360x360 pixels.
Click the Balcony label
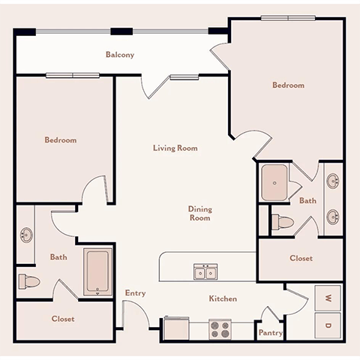pyautogui.click(x=120, y=55)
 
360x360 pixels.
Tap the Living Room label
pyautogui.click(x=175, y=148)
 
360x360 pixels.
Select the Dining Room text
pyautogui.click(x=199, y=214)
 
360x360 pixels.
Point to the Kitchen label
pyautogui.click(x=223, y=298)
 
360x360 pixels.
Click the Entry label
pyautogui.click(x=136, y=293)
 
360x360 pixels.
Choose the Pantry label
pyautogui.click(x=270, y=332)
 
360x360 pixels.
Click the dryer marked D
pyautogui.click(x=328, y=325)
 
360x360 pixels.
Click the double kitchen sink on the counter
pyautogui.click(x=202, y=271)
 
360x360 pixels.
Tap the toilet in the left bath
pyautogui.click(x=28, y=282)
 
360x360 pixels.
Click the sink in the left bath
pyautogui.click(x=26, y=235)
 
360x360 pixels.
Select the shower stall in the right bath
pyautogui.click(x=277, y=182)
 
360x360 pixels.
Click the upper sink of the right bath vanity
pyautogui.click(x=332, y=180)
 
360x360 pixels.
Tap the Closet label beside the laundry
pyautogui.click(x=300, y=258)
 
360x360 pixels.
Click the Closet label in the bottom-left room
pyautogui.click(x=63, y=319)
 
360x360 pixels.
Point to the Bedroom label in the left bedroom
pyautogui.click(x=60, y=140)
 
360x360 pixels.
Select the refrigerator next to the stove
pyautogui.click(x=177, y=328)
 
